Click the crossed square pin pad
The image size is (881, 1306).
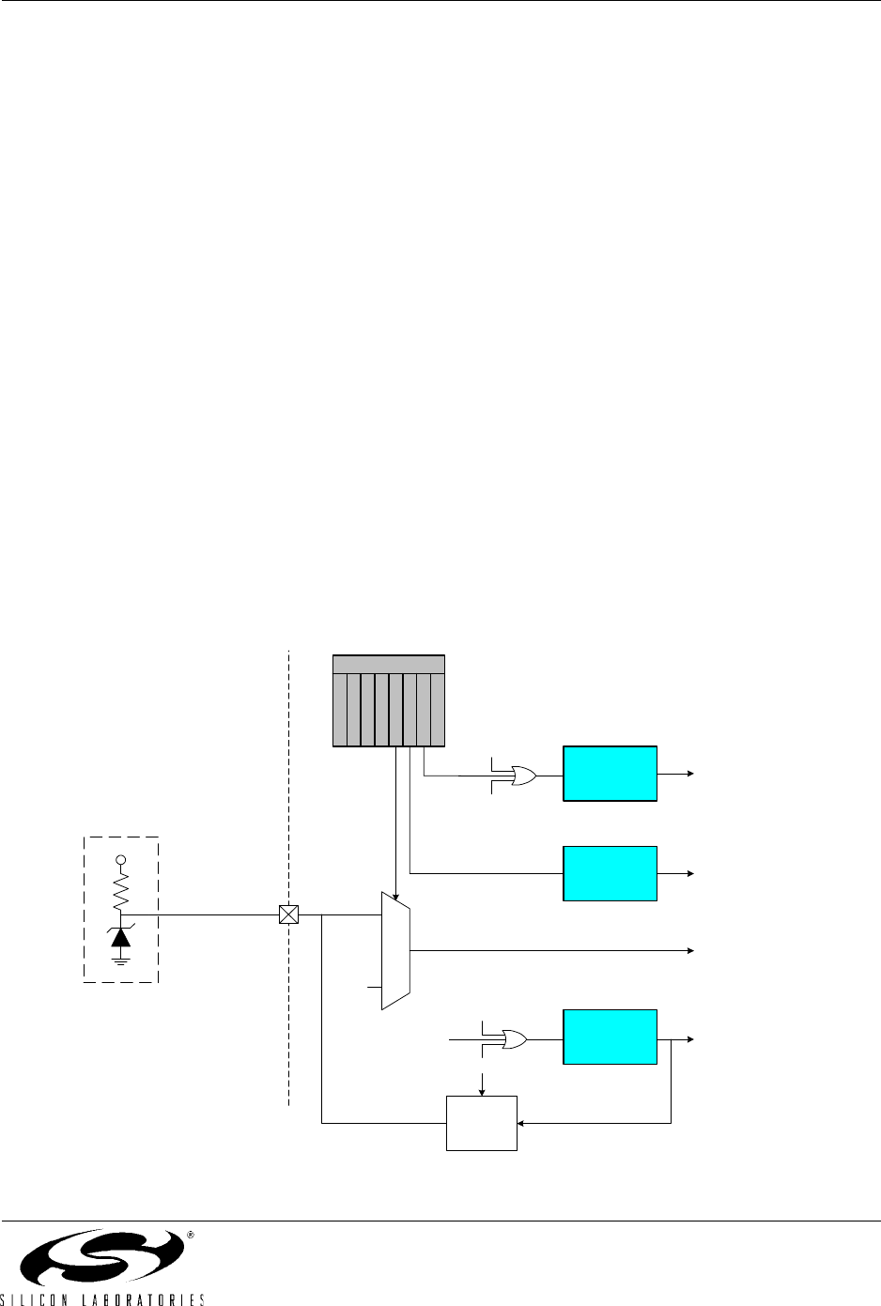[x=289, y=914]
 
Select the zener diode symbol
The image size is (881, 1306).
[x=121, y=936]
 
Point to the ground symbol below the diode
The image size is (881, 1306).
[x=121, y=960]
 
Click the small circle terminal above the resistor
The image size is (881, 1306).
[x=121, y=860]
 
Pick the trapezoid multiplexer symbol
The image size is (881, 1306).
[x=395, y=950]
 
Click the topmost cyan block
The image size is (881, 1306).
[x=610, y=774]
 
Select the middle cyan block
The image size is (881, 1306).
[x=610, y=873]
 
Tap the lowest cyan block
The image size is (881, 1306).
[x=610, y=1037]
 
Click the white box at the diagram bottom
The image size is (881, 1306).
[x=481, y=1122]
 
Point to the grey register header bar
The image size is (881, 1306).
[x=389, y=664]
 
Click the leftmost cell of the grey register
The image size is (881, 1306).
[x=341, y=709]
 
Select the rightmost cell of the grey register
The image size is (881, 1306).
[x=438, y=709]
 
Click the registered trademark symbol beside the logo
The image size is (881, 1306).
[x=190, y=1236]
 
